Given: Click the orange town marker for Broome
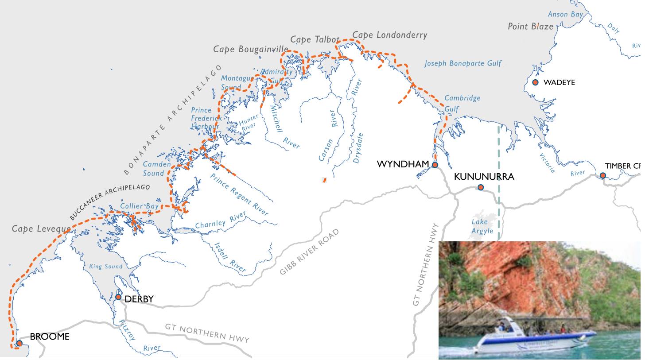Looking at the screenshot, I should pyautogui.click(x=19, y=343).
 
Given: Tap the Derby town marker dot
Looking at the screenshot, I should pyautogui.click(x=118, y=297).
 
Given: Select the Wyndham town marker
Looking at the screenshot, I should pyautogui.click(x=435, y=165).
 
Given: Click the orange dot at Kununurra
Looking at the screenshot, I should pyautogui.click(x=481, y=187).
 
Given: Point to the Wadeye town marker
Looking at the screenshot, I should pyautogui.click(x=535, y=82).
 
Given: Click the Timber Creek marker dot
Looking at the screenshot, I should pyautogui.click(x=603, y=176).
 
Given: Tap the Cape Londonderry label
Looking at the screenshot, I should pyautogui.click(x=390, y=35).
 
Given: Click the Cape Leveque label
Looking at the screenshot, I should pyautogui.click(x=41, y=229).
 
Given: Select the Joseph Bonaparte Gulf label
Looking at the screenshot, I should pyautogui.click(x=462, y=63).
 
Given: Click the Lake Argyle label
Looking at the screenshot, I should pyautogui.click(x=482, y=226).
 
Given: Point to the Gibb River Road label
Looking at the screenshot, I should pyautogui.click(x=310, y=252).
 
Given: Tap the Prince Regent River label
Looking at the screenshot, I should pyautogui.click(x=239, y=194).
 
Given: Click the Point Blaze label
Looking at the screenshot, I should pyautogui.click(x=530, y=27).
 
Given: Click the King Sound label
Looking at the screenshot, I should pyautogui.click(x=105, y=267).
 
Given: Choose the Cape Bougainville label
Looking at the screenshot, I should pyautogui.click(x=251, y=49).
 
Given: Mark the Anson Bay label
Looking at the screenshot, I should pyautogui.click(x=565, y=14).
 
